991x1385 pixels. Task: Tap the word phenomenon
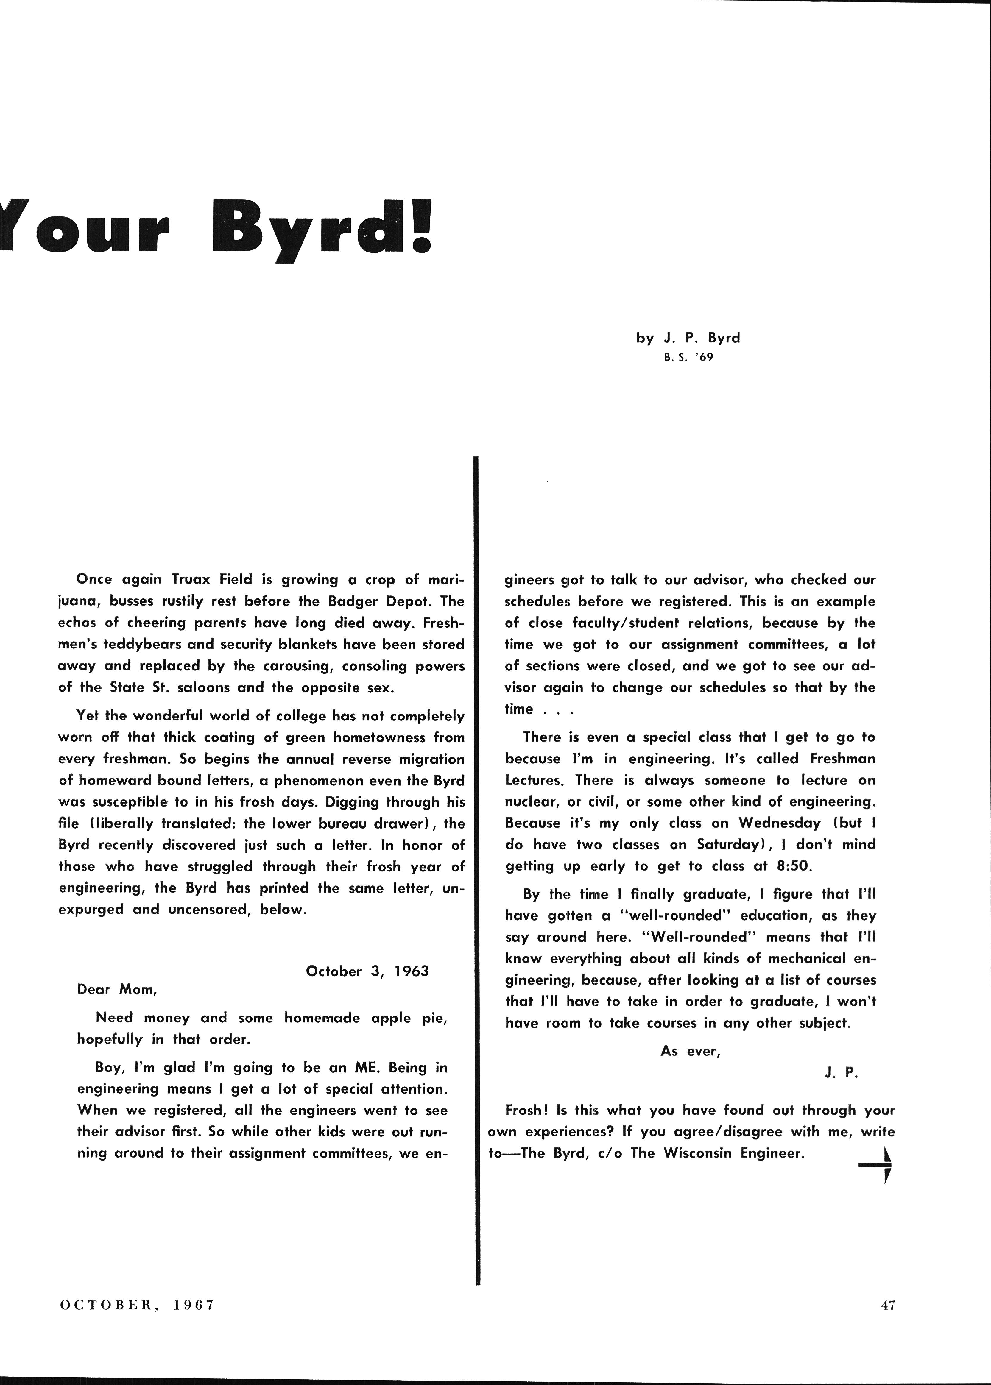pos(313,780)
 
